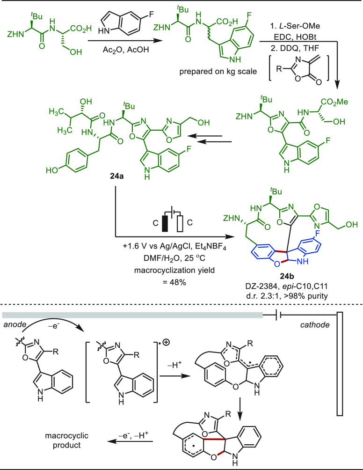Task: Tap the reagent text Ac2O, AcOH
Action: tap(126, 50)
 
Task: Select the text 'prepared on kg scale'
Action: tap(218, 72)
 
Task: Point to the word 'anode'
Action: tap(13, 324)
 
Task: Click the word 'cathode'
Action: tap(315, 324)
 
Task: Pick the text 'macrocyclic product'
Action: tap(67, 440)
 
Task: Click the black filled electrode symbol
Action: tap(165, 223)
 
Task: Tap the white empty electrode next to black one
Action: tap(180, 223)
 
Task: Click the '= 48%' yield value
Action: tap(174, 282)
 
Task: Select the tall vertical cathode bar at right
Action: tap(340, 364)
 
